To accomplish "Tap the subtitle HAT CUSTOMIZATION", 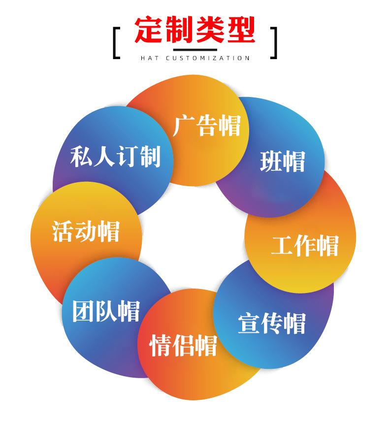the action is pyautogui.click(x=195, y=58).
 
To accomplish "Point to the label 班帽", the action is pyautogui.click(x=283, y=161).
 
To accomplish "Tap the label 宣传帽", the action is pyautogui.click(x=272, y=323).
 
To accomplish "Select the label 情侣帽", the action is pyautogui.click(x=183, y=344).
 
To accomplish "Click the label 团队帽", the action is pyautogui.click(x=106, y=311).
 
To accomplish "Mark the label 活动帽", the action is pyautogui.click(x=86, y=231).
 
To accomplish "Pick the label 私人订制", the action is pyautogui.click(x=116, y=156).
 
